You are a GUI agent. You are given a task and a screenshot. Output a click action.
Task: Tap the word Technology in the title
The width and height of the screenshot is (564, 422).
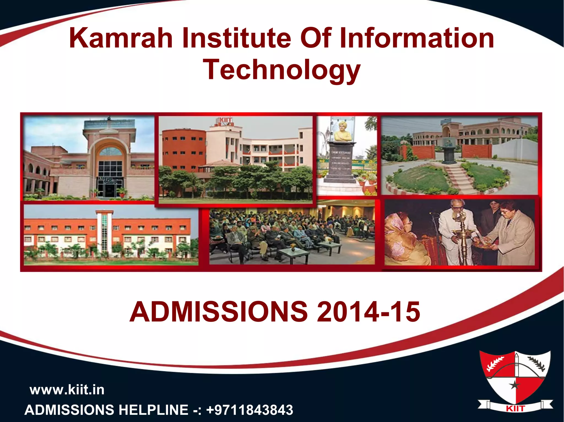click(281, 70)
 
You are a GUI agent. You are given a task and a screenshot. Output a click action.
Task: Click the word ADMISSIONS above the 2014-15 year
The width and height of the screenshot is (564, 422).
click(218, 312)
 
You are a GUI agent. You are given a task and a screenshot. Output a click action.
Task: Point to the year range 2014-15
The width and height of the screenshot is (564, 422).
click(368, 312)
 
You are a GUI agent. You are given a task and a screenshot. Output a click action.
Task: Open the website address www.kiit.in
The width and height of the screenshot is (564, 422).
click(67, 390)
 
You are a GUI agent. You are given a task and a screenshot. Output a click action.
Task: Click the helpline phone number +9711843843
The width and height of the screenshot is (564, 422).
click(250, 410)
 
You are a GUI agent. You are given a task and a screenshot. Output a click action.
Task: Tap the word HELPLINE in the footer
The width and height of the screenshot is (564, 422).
click(153, 410)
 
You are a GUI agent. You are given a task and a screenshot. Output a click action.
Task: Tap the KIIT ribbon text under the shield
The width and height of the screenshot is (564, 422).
click(515, 409)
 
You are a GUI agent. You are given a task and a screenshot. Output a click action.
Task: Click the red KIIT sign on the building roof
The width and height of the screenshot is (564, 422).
click(226, 120)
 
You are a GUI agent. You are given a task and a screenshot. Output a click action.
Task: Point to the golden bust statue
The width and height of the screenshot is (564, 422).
click(342, 132)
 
